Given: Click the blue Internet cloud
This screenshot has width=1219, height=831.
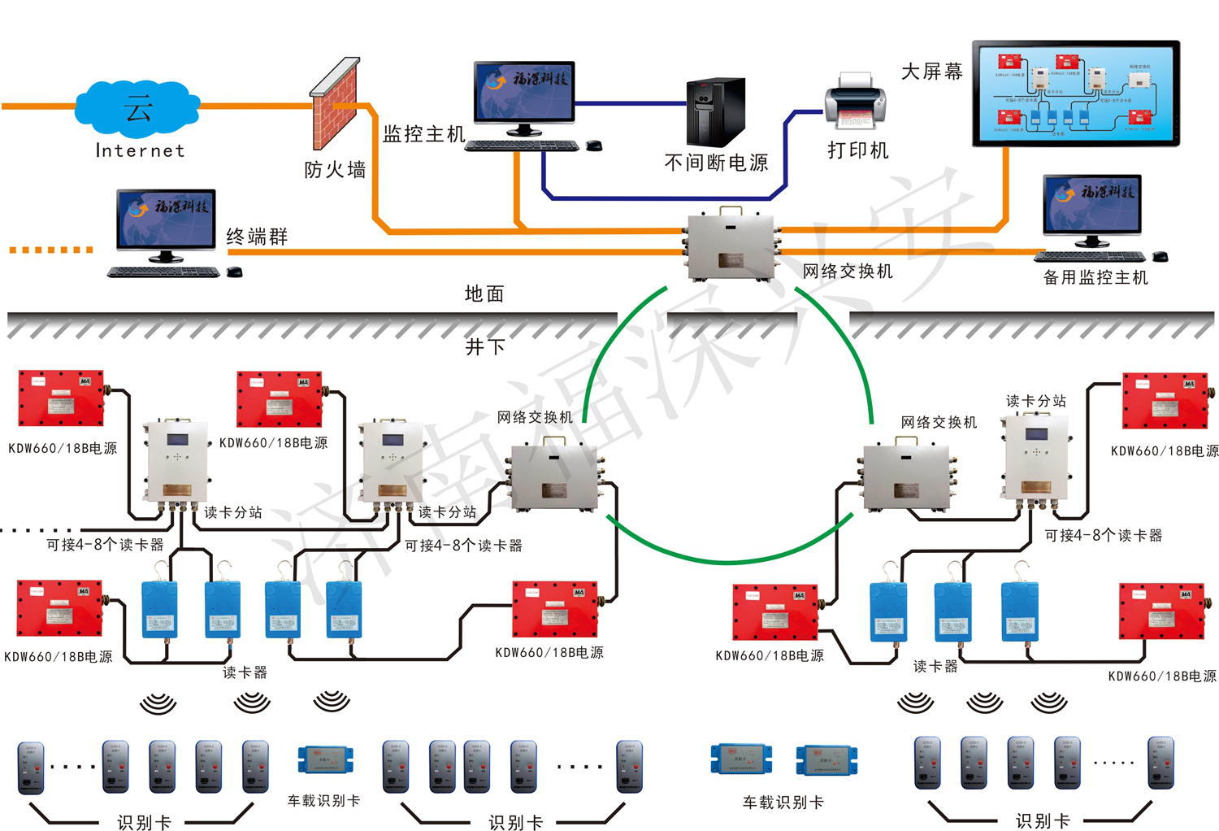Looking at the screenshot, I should (137, 107).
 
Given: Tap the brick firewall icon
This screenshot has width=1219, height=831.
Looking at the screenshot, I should (334, 102).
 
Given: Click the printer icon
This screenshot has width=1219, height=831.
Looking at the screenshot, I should (856, 102).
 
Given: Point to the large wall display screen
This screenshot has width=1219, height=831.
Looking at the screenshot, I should (1076, 93).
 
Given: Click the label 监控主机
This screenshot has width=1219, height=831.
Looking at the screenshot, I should (424, 134).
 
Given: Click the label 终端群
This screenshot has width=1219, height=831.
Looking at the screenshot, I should (257, 237).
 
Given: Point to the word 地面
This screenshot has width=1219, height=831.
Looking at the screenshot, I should (484, 294).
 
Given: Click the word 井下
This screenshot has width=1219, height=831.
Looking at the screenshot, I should (485, 347).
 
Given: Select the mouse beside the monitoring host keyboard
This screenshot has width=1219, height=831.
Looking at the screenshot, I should (594, 146).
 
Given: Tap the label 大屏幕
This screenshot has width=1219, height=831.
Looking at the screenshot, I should (932, 72).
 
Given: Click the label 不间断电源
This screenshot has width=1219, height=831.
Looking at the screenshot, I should (716, 163).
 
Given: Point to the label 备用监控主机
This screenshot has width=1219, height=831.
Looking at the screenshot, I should (1095, 277).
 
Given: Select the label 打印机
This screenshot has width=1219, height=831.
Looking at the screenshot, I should (858, 150).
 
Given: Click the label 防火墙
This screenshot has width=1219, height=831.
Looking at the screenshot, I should (335, 170).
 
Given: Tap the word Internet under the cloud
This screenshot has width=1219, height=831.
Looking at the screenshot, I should (140, 150).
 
